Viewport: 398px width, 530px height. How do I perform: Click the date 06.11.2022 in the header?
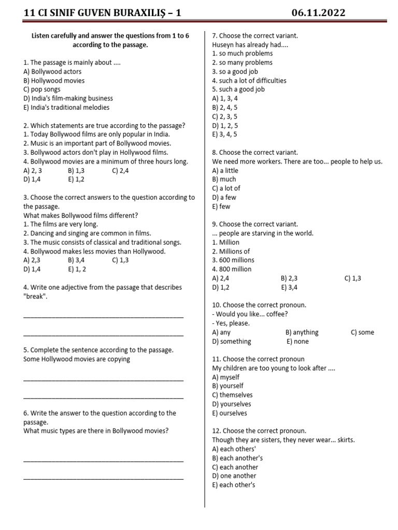click(318, 13)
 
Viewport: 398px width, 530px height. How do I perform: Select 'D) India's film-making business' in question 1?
click(68, 98)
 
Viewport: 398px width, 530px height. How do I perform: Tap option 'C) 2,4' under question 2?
click(120, 170)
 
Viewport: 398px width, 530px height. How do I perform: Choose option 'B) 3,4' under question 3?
click(76, 260)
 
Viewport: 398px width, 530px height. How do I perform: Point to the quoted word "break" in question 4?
click(35, 297)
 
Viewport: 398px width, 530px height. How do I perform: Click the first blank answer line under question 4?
click(103, 317)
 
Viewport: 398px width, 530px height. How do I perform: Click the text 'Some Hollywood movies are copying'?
click(77, 359)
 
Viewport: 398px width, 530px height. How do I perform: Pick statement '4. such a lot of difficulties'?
click(249, 80)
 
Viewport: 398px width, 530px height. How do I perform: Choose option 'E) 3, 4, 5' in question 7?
click(224, 134)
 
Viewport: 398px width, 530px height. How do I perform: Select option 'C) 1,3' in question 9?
click(352, 278)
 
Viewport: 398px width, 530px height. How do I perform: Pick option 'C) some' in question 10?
click(362, 332)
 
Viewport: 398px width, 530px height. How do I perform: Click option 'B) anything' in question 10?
click(302, 332)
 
